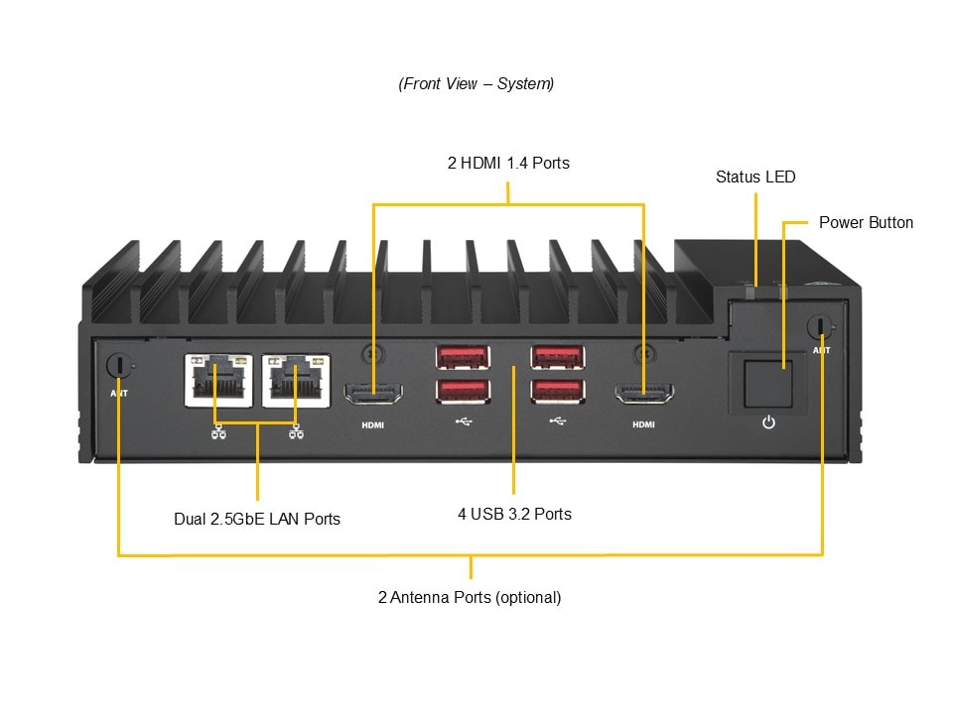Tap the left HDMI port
pos(372,395)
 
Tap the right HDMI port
pos(644,395)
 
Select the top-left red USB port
pos(462,356)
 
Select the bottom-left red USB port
pos(462,391)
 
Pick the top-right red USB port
pos(557,356)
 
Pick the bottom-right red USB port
pos(557,391)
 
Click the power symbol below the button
pos(767,423)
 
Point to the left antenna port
pos(119,365)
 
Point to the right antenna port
pos(821,326)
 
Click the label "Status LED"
pos(755,178)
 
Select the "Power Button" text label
pos(866,222)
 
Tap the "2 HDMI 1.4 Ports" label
pos(508,163)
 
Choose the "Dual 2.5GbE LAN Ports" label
pos(257,519)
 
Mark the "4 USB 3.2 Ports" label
pos(514,514)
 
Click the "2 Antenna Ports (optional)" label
pos(470,597)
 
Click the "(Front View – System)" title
pos(476,83)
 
